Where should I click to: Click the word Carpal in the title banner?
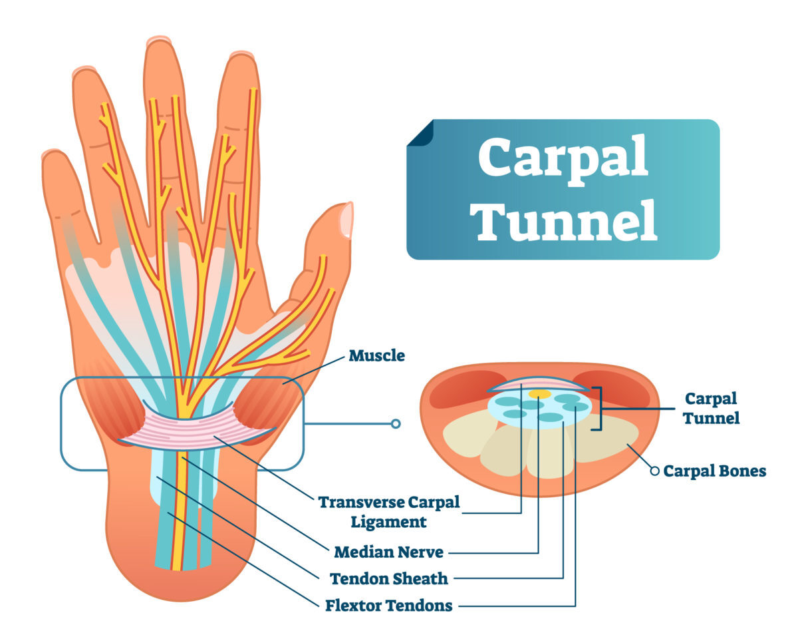(x=563, y=160)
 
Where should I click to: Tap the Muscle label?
(x=377, y=355)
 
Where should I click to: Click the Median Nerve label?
(x=388, y=552)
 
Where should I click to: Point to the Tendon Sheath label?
(x=388, y=578)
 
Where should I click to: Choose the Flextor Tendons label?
(x=388, y=605)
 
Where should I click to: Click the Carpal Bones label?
(x=715, y=471)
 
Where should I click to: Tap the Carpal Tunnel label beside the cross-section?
(x=712, y=409)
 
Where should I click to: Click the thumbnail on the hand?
(x=346, y=220)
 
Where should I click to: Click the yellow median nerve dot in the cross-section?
(x=539, y=394)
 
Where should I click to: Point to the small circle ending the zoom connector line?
(x=396, y=424)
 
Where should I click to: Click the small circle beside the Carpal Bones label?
(x=655, y=471)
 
